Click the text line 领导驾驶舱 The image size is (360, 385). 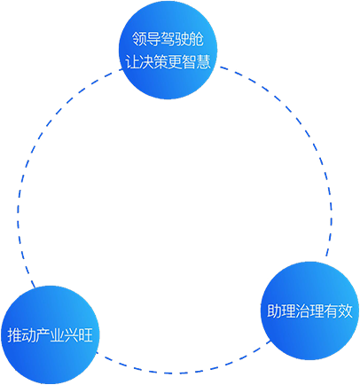coord(168,39)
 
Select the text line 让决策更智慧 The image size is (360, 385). coord(168,62)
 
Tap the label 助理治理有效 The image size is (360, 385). coord(309,311)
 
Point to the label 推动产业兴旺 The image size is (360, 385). coord(50,335)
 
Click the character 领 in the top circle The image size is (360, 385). coord(139,39)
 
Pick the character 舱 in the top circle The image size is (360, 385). coord(197,39)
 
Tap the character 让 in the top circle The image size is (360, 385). coord(132,62)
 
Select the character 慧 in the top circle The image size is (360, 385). coord(204,62)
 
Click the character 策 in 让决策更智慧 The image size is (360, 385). coord(160,62)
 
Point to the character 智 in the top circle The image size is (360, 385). coord(190,62)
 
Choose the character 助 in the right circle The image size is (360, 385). coord(274,311)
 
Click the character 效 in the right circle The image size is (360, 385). coord(346,311)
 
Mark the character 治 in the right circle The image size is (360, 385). coord(302,311)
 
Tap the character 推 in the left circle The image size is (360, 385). coord(14,335)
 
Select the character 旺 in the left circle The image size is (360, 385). coord(86,335)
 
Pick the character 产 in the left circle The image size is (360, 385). coord(43,335)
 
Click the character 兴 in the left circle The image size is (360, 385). coord(72,335)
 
